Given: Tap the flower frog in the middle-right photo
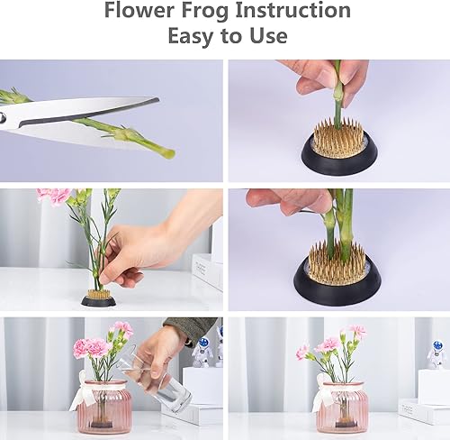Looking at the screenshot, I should tap(337, 274).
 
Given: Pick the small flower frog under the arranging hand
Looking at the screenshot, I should tap(98, 297).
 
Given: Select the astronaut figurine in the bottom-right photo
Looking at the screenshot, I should tap(436, 354).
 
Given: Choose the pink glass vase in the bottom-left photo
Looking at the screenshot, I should tap(103, 408).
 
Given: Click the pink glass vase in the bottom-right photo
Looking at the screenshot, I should tap(342, 408).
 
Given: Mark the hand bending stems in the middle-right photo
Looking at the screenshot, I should tap(288, 201).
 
